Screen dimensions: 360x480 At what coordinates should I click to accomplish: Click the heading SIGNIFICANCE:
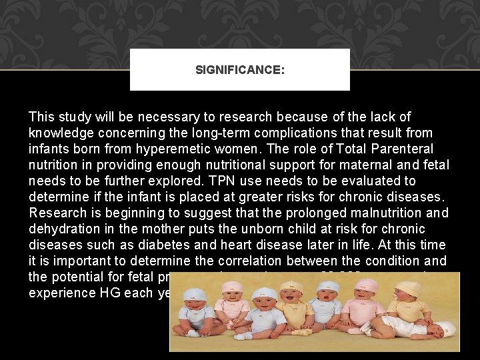[x=240, y=69]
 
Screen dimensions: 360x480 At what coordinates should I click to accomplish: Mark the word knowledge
[x=61, y=133]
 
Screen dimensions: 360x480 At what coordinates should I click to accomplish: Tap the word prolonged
[x=321, y=213]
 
